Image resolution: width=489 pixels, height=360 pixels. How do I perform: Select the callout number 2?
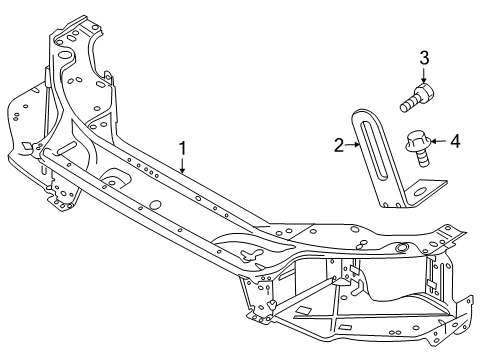[340, 144]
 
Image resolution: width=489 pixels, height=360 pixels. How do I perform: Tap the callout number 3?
[424, 58]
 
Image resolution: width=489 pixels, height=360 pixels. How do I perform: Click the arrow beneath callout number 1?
[182, 166]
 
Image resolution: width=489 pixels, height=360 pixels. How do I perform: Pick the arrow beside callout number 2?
[354, 145]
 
